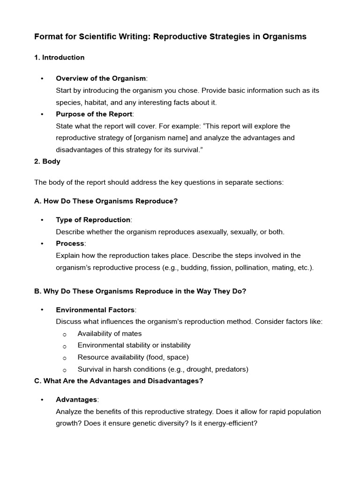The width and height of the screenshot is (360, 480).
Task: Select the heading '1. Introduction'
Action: (60, 58)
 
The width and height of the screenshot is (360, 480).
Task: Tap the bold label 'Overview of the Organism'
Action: (101, 78)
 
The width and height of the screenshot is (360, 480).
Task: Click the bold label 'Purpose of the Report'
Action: (94, 114)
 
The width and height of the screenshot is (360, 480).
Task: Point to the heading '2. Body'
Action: (47, 161)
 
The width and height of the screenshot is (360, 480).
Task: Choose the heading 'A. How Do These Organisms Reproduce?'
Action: (106, 201)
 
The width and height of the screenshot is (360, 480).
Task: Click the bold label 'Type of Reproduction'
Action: (93, 220)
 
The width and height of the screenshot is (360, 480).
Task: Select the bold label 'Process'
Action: (70, 243)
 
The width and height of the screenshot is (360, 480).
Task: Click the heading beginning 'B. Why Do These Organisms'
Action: (140, 291)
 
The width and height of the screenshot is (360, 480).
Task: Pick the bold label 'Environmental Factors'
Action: (95, 310)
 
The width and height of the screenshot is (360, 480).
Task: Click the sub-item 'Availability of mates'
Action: (110, 334)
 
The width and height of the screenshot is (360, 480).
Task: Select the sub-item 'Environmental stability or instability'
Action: (134, 345)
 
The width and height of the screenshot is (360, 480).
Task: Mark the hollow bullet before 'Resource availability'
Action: (65, 358)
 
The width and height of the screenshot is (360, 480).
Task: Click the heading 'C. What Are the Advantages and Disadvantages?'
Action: (119, 381)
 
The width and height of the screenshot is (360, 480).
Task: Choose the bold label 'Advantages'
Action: (76, 399)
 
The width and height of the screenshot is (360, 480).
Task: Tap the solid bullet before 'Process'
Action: (42, 244)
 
